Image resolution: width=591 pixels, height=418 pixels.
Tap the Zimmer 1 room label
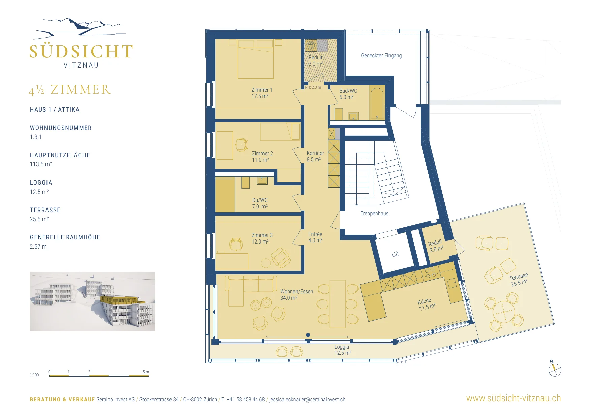pos(261,93)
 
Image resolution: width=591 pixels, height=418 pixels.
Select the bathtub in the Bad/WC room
pos(377,103)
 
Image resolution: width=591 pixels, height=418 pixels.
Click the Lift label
pos(395,254)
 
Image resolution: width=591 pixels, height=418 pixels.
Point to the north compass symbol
pos(554,369)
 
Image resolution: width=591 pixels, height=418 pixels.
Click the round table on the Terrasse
pos(503,312)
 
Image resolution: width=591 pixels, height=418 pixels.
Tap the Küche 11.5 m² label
pos(427,304)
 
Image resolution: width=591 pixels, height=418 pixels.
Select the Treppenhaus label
pos(374,214)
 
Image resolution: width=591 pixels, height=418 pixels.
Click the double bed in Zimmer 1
pos(255,59)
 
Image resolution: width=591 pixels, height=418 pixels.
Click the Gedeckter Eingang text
pos(381,56)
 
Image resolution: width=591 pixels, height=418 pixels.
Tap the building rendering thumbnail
pos(93,301)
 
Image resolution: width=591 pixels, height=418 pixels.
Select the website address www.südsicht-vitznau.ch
pos(514,398)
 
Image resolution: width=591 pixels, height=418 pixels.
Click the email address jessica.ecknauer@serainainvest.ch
pos(307,400)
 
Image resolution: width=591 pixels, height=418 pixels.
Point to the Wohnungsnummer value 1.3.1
pos(36,137)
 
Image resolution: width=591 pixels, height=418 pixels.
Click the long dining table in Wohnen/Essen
pos(338,304)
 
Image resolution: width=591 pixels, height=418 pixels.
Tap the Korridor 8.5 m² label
pos(315,156)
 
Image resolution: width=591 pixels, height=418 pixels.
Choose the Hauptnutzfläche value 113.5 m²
pos(41,164)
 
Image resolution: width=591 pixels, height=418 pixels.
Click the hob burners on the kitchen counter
pos(431,273)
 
